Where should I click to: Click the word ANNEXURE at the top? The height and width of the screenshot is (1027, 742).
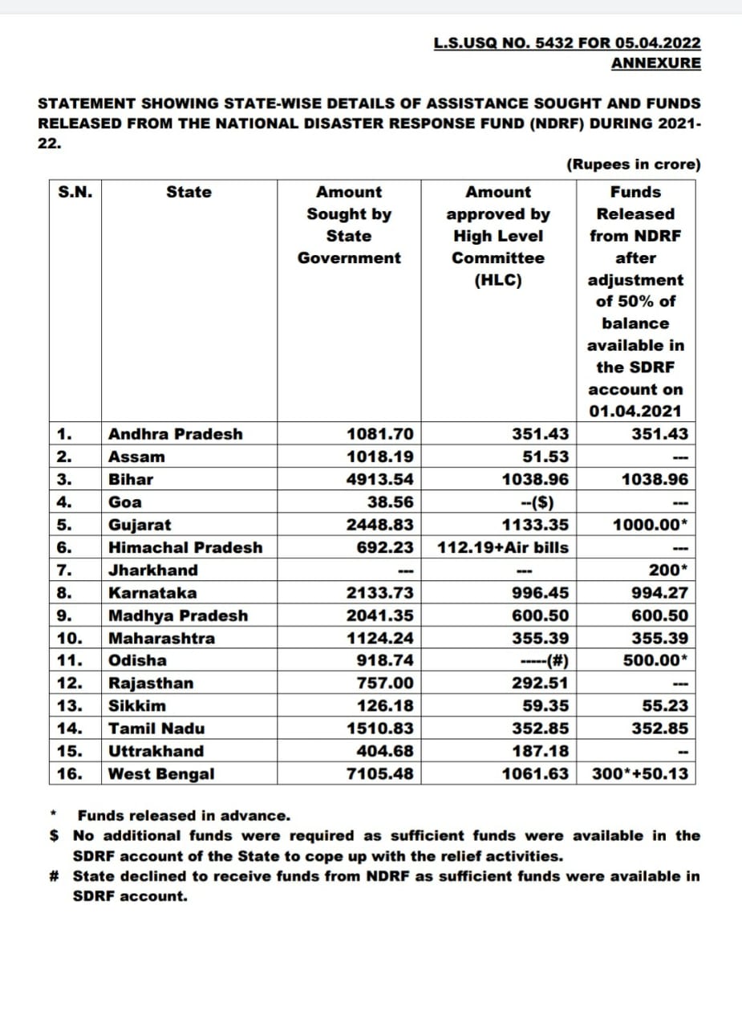[655, 63]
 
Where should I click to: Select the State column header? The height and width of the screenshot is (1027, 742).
[189, 193]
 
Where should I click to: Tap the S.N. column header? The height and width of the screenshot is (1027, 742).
[75, 193]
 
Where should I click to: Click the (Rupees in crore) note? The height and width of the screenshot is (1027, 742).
[634, 164]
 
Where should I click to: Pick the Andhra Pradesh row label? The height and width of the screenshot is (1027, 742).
[175, 434]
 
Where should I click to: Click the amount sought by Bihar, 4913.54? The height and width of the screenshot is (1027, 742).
[380, 480]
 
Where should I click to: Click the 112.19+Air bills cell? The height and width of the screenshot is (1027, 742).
[503, 547]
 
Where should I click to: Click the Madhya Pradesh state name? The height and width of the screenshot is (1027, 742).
[178, 616]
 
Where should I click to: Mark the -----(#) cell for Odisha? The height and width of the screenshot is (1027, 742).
[545, 661]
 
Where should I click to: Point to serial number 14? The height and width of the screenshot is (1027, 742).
[71, 729]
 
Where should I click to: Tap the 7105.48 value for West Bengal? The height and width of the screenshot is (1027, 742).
[380, 774]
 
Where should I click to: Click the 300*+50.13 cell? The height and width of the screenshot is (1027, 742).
[639, 774]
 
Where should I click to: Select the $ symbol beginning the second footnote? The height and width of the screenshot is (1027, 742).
[55, 836]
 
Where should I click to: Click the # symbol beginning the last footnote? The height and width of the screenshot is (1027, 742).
[55, 876]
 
